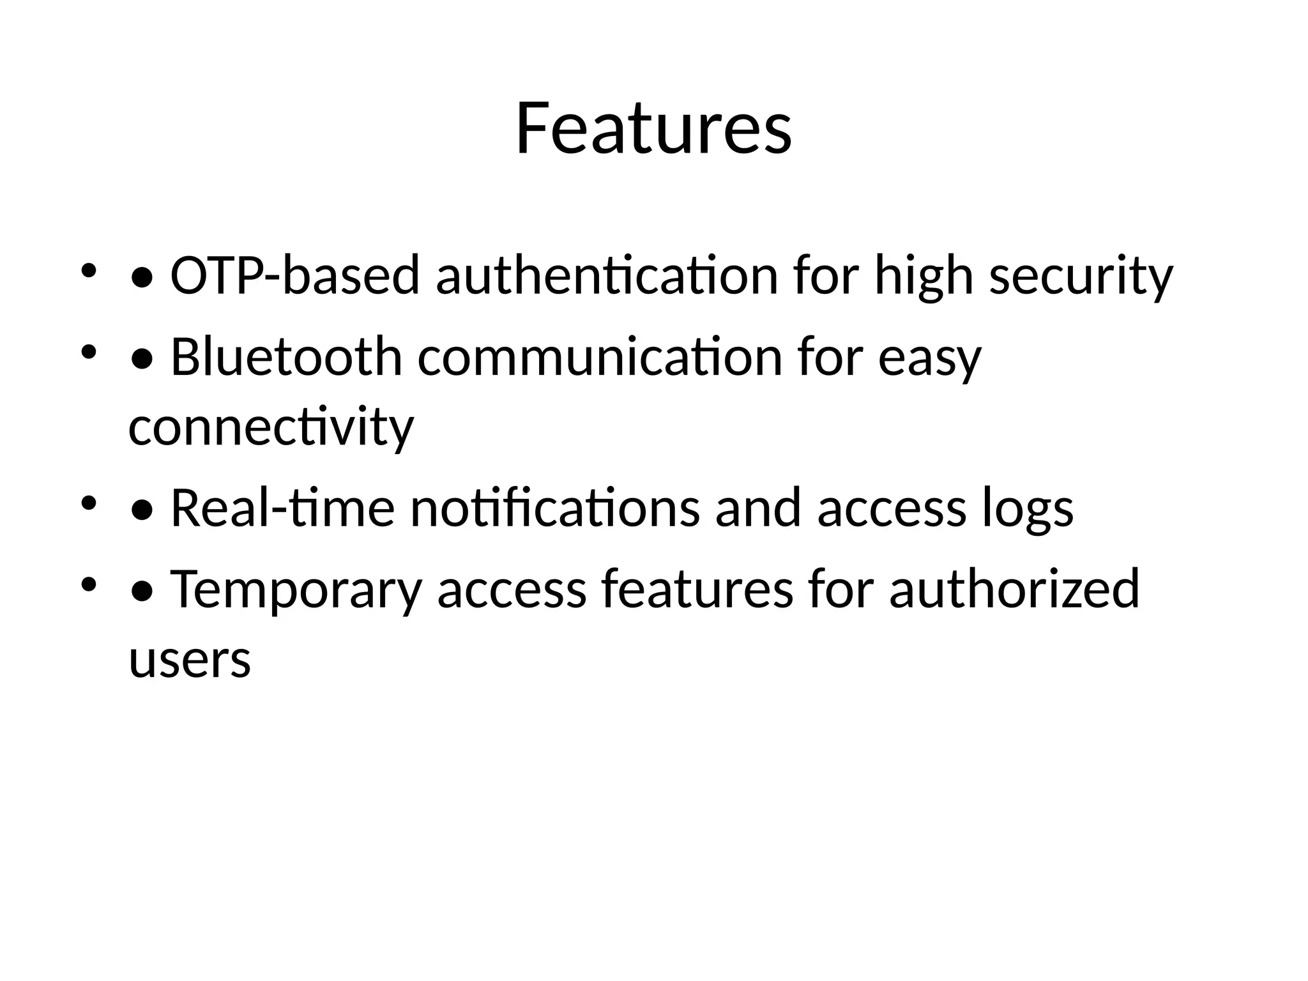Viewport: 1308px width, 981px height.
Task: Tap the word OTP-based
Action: (x=295, y=276)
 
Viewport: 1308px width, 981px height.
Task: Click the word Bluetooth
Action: (x=286, y=358)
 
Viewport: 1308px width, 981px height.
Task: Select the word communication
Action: (x=600, y=358)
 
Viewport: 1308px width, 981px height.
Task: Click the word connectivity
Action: (x=271, y=427)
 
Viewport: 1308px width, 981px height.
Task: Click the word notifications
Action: (x=554, y=508)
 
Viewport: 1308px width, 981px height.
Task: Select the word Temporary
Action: (x=296, y=589)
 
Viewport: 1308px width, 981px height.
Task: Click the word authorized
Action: (x=1014, y=589)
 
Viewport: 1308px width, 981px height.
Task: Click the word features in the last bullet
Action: (x=697, y=589)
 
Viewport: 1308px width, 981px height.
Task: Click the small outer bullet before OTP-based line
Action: (x=89, y=270)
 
